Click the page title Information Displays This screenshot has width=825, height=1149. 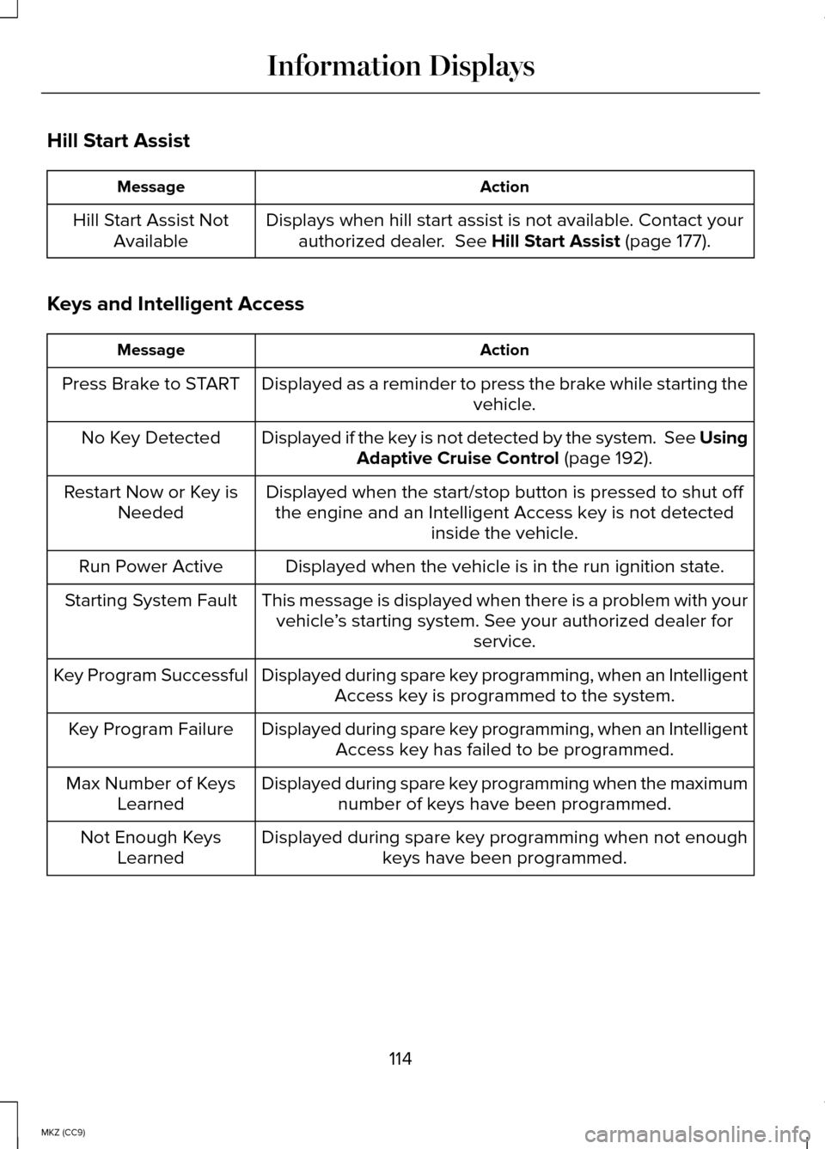click(x=400, y=66)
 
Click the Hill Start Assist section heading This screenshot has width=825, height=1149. click(x=119, y=141)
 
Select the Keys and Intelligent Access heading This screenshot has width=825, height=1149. click(x=175, y=304)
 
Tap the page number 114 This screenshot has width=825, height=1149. click(x=400, y=1059)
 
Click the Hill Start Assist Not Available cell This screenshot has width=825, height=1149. click(x=150, y=230)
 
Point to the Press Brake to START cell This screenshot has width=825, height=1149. click(x=150, y=384)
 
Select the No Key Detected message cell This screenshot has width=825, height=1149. click(x=150, y=438)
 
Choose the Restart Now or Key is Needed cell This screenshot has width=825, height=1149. click(x=150, y=502)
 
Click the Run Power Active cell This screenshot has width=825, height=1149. click(x=150, y=566)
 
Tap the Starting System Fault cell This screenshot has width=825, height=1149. click(x=150, y=601)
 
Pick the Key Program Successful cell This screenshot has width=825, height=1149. click(x=150, y=675)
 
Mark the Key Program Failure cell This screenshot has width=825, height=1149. click(x=150, y=730)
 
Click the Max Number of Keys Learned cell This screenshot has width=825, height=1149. click(x=150, y=793)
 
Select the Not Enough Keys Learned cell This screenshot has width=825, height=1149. click(x=150, y=847)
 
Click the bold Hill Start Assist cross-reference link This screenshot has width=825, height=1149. click(x=555, y=241)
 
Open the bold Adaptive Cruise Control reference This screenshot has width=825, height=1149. click(x=457, y=459)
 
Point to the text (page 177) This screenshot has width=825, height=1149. click(x=667, y=241)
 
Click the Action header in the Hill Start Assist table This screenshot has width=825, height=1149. click(x=504, y=187)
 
